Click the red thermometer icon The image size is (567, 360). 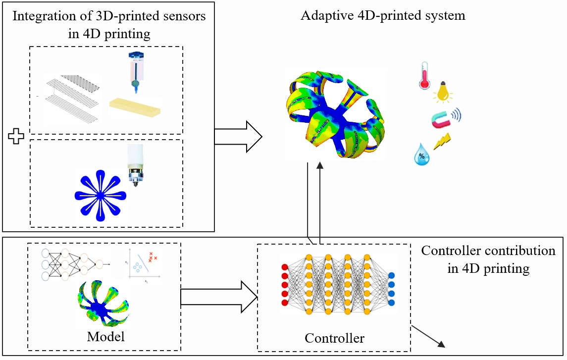(424, 76)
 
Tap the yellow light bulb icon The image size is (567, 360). (442, 93)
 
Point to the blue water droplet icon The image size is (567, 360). (421, 155)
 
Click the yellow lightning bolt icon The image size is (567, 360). (442, 142)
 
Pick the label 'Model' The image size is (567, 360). (105, 337)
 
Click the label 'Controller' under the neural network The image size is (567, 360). (334, 339)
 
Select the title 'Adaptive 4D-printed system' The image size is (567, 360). (383, 15)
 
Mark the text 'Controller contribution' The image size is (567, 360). (488, 251)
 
